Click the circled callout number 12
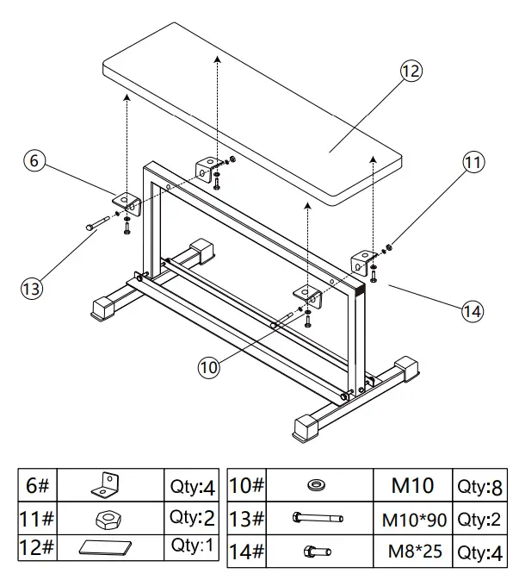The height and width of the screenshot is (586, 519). click(411, 72)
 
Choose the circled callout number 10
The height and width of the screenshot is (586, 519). click(210, 365)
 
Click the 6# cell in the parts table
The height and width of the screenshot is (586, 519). click(39, 484)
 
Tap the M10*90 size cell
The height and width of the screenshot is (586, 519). click(415, 519)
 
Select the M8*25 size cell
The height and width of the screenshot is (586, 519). click(415, 551)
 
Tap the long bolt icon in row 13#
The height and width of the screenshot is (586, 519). click(317, 519)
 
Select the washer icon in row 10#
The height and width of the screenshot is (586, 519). click(317, 486)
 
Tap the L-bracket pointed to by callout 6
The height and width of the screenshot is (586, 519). click(127, 203)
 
